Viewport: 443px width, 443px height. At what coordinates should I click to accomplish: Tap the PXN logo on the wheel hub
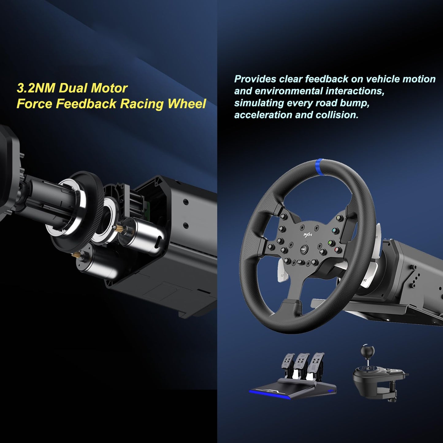click(x=305, y=235)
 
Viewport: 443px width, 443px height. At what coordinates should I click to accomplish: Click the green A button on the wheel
click(x=330, y=243)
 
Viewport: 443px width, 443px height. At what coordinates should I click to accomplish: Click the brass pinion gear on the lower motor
click(x=75, y=254)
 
